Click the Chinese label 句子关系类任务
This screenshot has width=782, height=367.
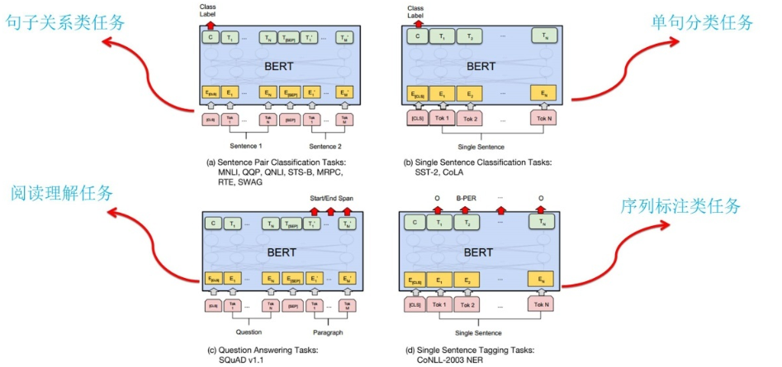[x=57, y=21]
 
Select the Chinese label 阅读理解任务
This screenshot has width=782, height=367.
[x=62, y=193]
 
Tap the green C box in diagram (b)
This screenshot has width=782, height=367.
[x=419, y=35]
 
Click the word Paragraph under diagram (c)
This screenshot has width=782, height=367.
[x=327, y=333]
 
